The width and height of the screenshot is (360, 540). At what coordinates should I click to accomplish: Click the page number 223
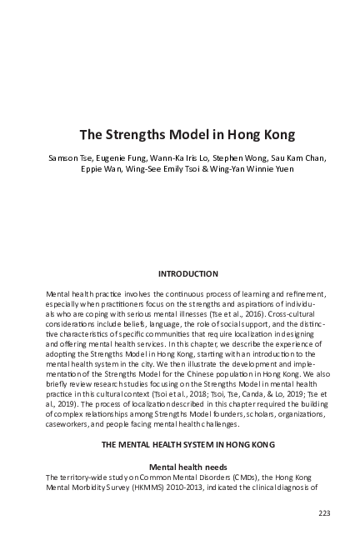point(324,512)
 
